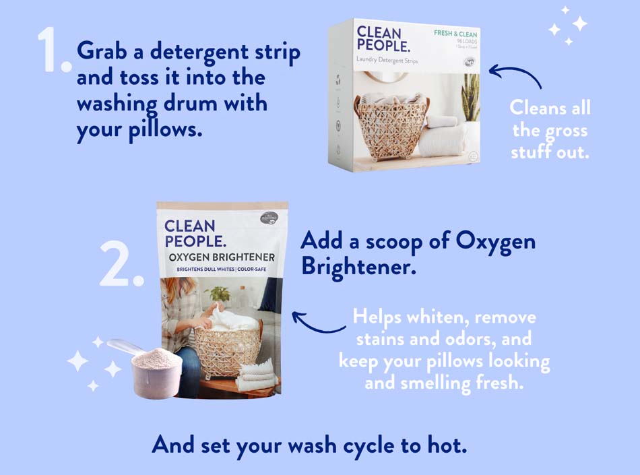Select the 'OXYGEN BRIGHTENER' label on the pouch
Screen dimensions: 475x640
point(222,257)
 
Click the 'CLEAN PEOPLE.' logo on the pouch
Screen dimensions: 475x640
point(191,234)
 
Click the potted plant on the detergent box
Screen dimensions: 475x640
point(470,101)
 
